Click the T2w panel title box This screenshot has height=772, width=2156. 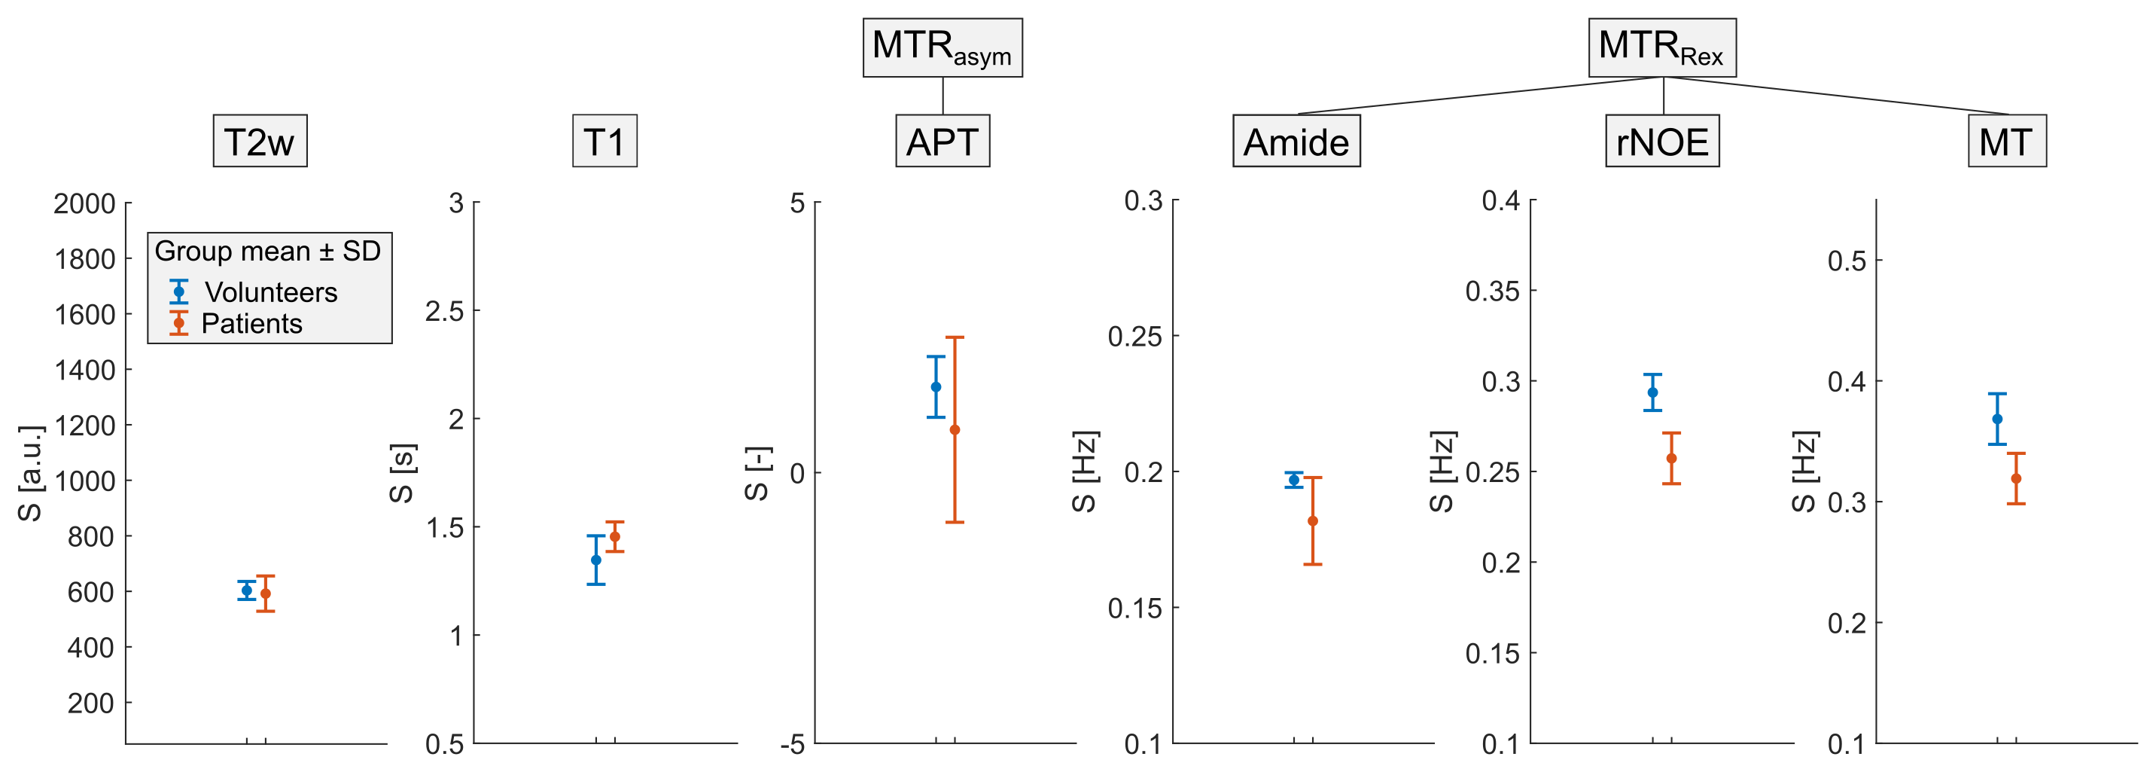pyautogui.click(x=260, y=142)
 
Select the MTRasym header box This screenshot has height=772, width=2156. pyautogui.click(x=942, y=47)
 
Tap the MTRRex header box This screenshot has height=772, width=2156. pyautogui.click(x=1661, y=47)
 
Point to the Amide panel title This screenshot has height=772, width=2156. pyautogui.click(x=1296, y=142)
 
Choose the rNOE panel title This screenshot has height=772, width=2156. pyautogui.click(x=1662, y=142)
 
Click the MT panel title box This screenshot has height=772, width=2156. pyautogui.click(x=2006, y=142)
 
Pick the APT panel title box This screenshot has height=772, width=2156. pyautogui.click(x=942, y=142)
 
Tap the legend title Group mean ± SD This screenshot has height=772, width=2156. pyautogui.click(x=268, y=252)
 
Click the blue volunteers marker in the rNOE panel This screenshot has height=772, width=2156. pyautogui.click(x=1652, y=392)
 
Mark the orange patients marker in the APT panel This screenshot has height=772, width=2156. pyautogui.click(x=954, y=429)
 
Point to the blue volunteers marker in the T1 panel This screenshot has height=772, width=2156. pyautogui.click(x=596, y=560)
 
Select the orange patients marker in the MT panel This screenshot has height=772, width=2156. pyautogui.click(x=2016, y=478)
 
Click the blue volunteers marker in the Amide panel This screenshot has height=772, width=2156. pyautogui.click(x=1294, y=480)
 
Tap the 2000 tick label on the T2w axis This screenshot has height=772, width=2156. pyautogui.click(x=84, y=203)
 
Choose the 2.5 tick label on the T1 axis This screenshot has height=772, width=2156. pyautogui.click(x=444, y=312)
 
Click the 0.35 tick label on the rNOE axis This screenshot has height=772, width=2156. pyautogui.click(x=1492, y=291)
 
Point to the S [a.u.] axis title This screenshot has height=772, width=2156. pyautogui.click(x=30, y=473)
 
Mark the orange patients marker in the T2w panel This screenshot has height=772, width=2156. pyautogui.click(x=265, y=593)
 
